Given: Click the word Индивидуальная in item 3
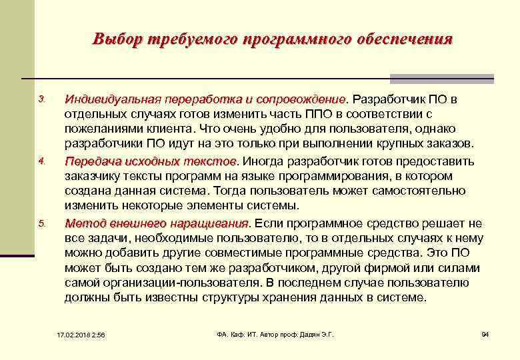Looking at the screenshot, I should [x=105, y=100].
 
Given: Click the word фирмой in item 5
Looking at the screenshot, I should [x=392, y=268].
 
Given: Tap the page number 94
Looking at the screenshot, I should [x=485, y=334].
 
